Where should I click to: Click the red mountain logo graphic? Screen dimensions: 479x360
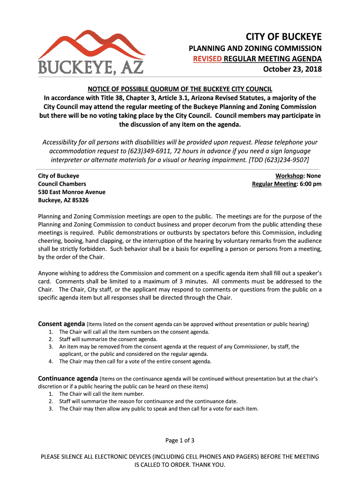click(x=91, y=44)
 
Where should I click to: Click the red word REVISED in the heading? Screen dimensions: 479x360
click(x=208, y=59)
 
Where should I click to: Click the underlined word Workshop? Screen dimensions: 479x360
click(x=290, y=175)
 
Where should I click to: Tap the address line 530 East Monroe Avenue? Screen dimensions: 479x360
click(x=72, y=192)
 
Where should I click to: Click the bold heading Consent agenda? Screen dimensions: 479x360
click(x=61, y=324)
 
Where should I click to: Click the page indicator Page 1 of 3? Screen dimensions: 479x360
click(x=180, y=440)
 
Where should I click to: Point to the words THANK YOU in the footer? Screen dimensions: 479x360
click(x=209, y=465)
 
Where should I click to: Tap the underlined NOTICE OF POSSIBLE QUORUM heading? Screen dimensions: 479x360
click(x=180, y=89)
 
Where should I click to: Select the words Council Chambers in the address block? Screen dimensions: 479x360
click(x=62, y=184)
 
